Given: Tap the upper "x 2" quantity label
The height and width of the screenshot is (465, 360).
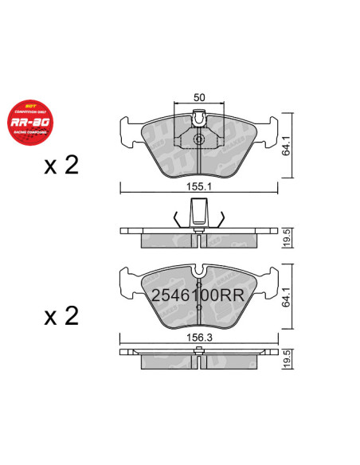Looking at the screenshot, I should (61, 166).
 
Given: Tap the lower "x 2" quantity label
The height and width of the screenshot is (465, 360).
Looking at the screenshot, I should (61, 316).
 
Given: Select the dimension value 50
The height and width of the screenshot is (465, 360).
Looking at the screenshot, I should (200, 97).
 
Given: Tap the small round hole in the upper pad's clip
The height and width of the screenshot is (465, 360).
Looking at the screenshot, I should (199, 140).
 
